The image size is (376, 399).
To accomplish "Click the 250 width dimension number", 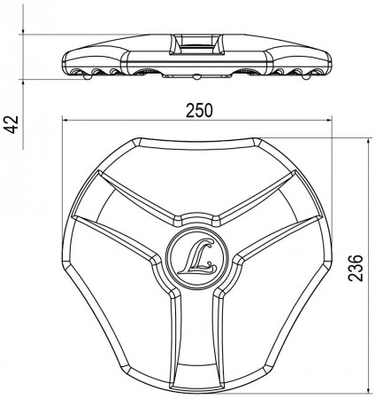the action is pyautogui.click(x=199, y=111).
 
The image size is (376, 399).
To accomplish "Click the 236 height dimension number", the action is pyautogui.click(x=356, y=268).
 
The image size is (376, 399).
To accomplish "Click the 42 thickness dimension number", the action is pyautogui.click(x=12, y=124).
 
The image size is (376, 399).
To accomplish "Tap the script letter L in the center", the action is pyautogui.click(x=197, y=256).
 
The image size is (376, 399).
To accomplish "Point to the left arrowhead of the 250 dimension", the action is pyautogui.click(x=65, y=120).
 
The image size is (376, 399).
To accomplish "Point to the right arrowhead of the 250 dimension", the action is pyautogui.click(x=329, y=120).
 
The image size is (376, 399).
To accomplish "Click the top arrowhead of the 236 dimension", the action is pyautogui.click(x=368, y=141).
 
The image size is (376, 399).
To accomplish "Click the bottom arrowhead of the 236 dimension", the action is pyautogui.click(x=368, y=390).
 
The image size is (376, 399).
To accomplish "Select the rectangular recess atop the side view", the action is pyautogui.click(x=196, y=44).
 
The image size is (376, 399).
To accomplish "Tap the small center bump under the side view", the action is pyautogui.click(x=196, y=76).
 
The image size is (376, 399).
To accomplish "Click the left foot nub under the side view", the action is pyautogui.click(x=88, y=76).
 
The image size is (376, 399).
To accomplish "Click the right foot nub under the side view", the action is pyautogui.click(x=306, y=76).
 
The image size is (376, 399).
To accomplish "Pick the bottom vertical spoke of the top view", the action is pyautogui.click(x=196, y=340).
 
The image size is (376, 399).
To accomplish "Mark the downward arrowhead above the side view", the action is pyautogui.click(x=23, y=31).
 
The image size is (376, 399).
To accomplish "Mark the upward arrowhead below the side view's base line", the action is pyautogui.click(x=23, y=82).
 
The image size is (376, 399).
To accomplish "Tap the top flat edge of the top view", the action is pyautogui.click(x=196, y=144).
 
